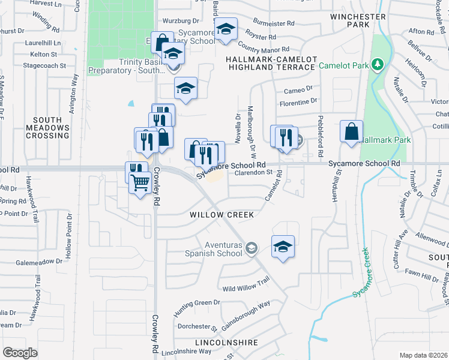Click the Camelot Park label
[344, 65]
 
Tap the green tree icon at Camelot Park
[378, 64]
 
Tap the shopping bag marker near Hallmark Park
[351, 131]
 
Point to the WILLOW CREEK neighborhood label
[222, 215]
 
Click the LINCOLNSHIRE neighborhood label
[226, 343]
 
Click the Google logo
[20, 353]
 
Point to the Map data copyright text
[423, 355]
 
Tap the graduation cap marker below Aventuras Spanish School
[283, 246]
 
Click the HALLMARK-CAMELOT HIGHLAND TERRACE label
[270, 63]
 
